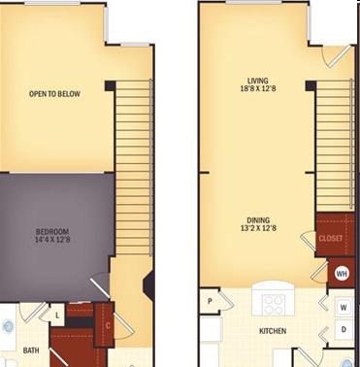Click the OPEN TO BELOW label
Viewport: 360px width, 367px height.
pos(54,94)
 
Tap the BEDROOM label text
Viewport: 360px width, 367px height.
pos(52,232)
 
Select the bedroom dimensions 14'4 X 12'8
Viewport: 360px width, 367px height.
pos(52,240)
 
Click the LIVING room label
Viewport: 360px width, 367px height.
pos(258,81)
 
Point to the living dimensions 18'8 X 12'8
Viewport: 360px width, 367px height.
pos(258,88)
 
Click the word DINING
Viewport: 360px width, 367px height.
pos(258,220)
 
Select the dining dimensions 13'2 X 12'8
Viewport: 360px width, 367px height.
pos(258,228)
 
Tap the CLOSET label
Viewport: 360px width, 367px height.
pos(331,239)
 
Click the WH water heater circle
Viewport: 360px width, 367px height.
pos(342,274)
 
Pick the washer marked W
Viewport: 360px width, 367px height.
pos(344,307)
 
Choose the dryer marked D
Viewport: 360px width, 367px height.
pos(344,329)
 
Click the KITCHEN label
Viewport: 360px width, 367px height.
pos(273,331)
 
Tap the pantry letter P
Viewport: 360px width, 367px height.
pos(210,301)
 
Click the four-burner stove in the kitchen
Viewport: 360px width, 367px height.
pos(274,305)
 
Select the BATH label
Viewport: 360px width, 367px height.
pos(31,350)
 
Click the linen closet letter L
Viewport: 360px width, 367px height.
pos(57,315)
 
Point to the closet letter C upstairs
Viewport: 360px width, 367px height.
pos(108,325)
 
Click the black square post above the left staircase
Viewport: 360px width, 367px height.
pos(110,85)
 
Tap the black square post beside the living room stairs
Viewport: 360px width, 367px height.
pos(311,85)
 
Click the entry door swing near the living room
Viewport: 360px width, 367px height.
pos(337,57)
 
